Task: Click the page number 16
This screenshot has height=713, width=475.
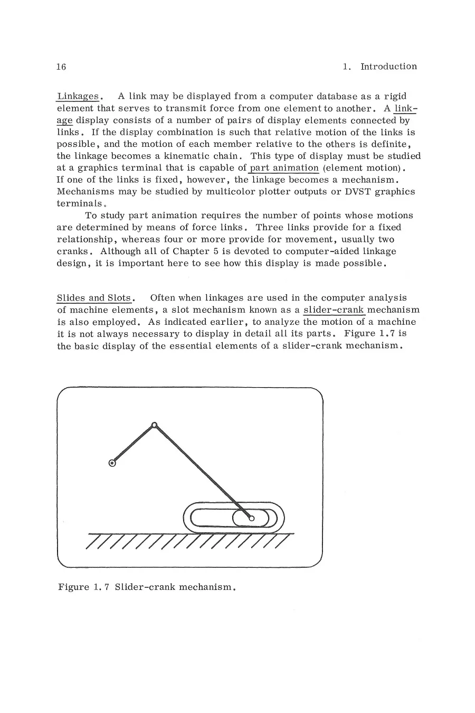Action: tap(61, 67)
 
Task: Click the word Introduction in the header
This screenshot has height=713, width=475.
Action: tap(388, 67)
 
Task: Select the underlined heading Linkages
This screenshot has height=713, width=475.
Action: tap(78, 96)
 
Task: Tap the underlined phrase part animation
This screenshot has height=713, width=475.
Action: tap(284, 168)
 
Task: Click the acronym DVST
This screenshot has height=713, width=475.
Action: tap(357, 192)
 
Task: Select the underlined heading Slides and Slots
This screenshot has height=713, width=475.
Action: tap(93, 298)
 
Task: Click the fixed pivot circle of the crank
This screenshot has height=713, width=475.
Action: tap(112, 464)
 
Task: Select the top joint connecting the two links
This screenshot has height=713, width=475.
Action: tap(154, 425)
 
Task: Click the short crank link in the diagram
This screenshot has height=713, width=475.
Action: tap(132, 445)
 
